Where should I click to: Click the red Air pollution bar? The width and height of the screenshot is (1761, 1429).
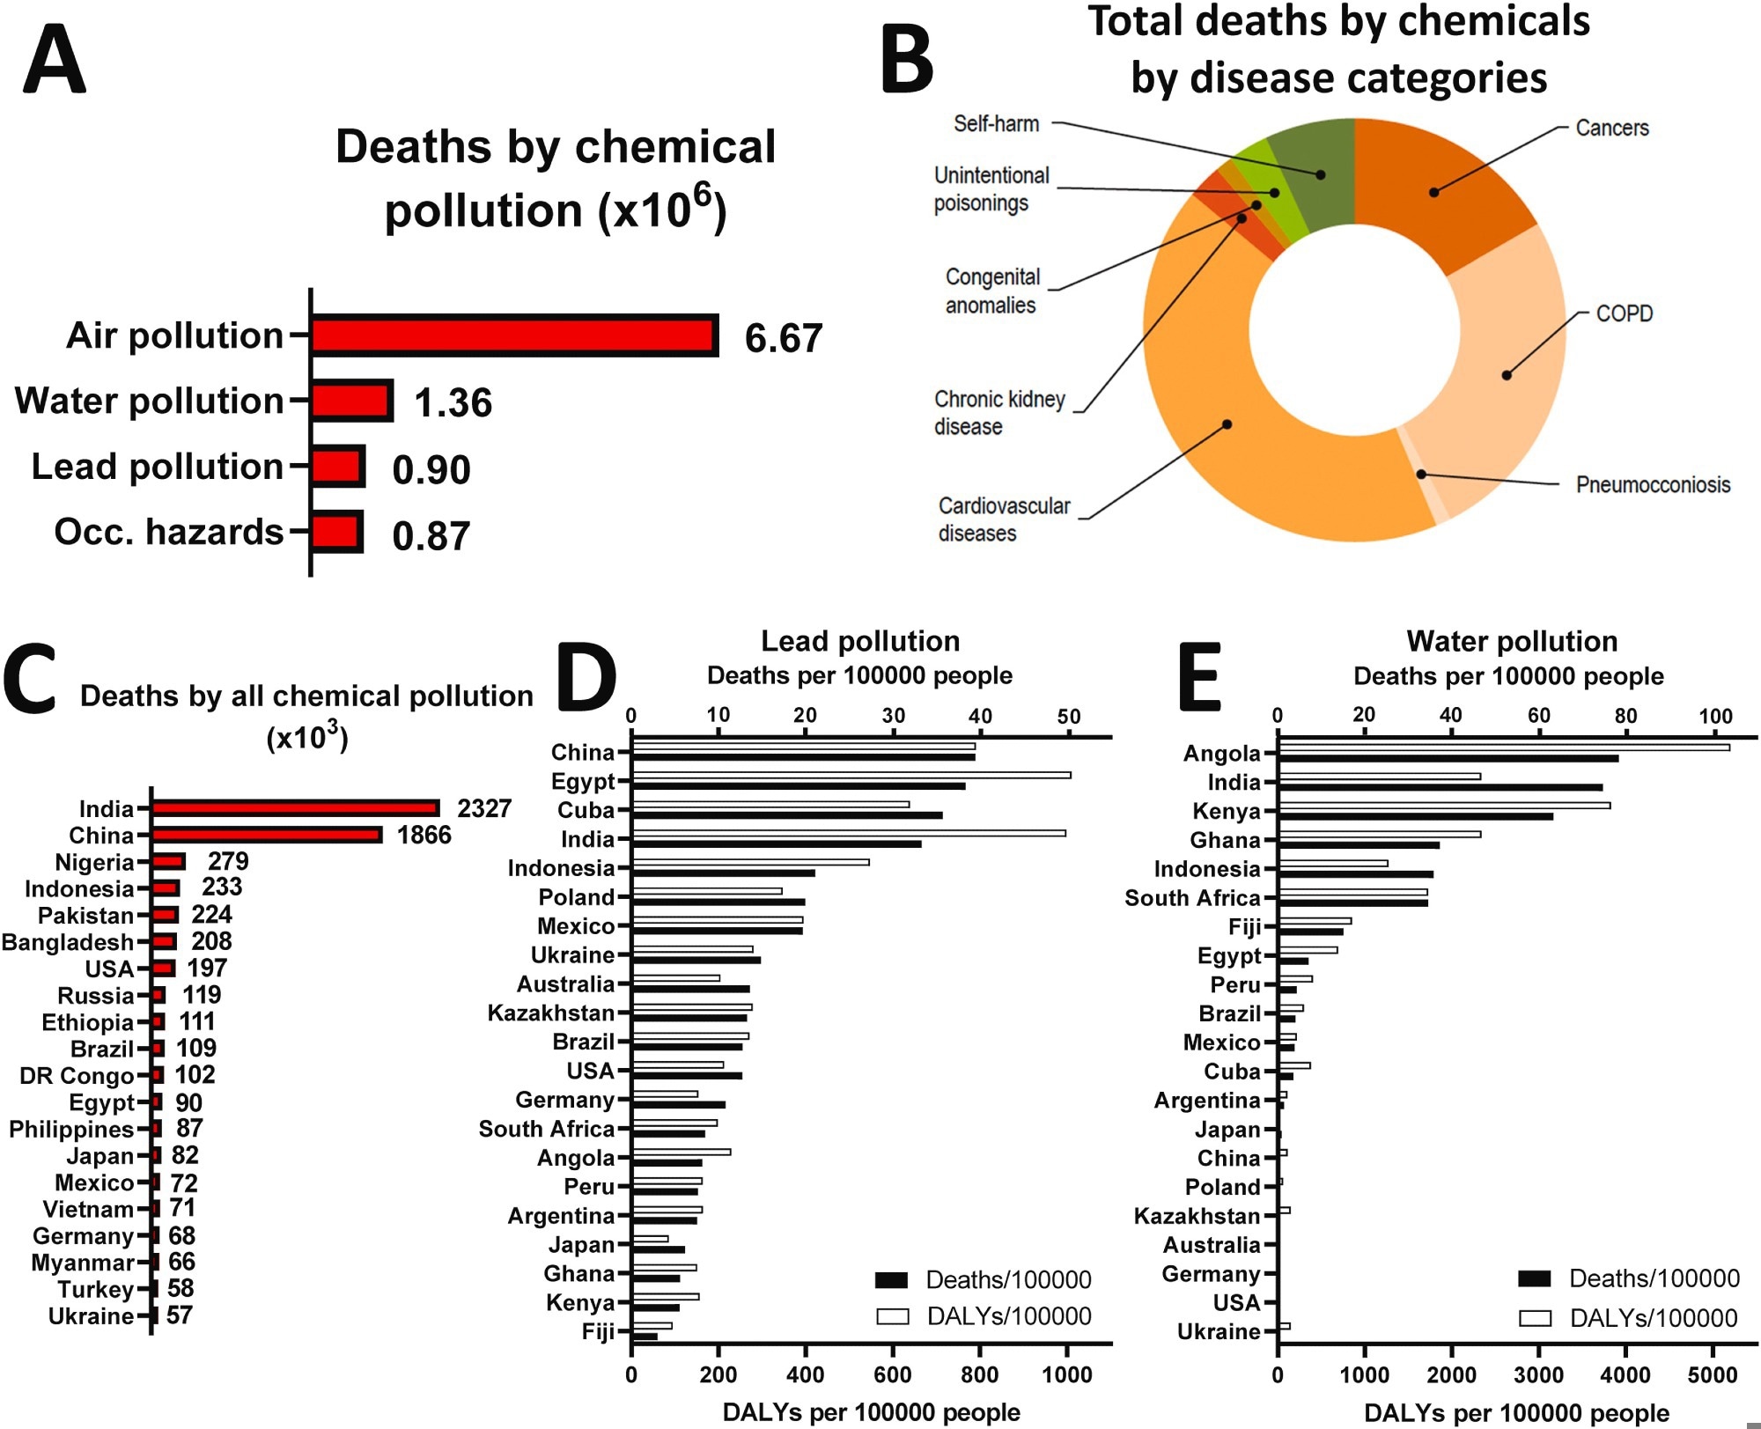pyautogui.click(x=513, y=335)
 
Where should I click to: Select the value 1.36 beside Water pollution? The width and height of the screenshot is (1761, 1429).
pyautogui.click(x=453, y=402)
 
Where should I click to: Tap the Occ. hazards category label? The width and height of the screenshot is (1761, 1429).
pyautogui.click(x=169, y=532)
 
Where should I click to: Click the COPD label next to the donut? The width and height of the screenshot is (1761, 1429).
pyautogui.click(x=1624, y=313)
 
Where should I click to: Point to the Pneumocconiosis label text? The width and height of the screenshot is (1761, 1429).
pyautogui.click(x=1653, y=484)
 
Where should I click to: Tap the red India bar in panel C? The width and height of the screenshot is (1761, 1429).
pyautogui.click(x=295, y=808)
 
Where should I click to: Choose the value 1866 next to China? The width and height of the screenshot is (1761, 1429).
pyautogui.click(x=424, y=835)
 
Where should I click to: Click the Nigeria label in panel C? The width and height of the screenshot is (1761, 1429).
pyautogui.click(x=94, y=862)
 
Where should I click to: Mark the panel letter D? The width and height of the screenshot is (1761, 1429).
pyautogui.click(x=587, y=678)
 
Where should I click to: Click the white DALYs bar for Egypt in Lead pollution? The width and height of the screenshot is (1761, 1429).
pyautogui.click(x=851, y=775)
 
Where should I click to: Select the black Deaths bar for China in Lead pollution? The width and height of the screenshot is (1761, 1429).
pyautogui.click(x=803, y=756)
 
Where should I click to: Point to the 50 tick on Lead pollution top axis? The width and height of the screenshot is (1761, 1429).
pyautogui.click(x=1068, y=717)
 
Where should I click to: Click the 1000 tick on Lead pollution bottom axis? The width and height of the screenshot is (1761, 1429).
pyautogui.click(x=1066, y=1374)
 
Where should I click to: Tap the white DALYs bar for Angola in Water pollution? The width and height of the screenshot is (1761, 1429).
pyautogui.click(x=1504, y=748)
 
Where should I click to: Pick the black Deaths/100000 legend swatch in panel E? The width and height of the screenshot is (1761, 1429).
pyautogui.click(x=1535, y=1278)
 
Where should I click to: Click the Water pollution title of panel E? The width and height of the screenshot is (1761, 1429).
pyautogui.click(x=1512, y=641)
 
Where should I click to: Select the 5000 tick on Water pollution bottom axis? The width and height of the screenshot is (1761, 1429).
pyautogui.click(x=1712, y=1374)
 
